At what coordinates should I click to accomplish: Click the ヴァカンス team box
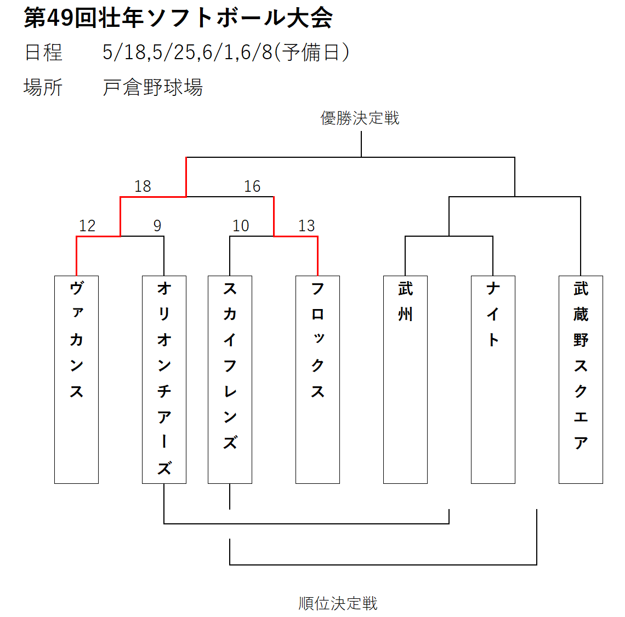77,380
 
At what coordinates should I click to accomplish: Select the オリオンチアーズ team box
164,380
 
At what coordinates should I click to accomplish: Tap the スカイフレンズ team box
230,380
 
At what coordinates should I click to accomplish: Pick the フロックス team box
317,380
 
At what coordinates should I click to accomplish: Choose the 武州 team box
405,380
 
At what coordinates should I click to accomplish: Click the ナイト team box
493,380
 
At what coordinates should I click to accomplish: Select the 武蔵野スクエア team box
581,380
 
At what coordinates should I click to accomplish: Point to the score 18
143,186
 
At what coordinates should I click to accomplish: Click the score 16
252,186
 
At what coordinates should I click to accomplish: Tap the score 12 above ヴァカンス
87,226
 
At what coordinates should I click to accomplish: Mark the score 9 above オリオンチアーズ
157,226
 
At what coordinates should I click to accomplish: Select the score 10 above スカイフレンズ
241,226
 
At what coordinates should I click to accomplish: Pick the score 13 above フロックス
306,226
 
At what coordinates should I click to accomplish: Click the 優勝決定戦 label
360,118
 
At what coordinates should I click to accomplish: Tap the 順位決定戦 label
338,603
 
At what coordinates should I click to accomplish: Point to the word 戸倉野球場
152,87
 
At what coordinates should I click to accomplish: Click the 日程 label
43,53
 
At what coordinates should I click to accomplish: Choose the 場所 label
43,87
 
